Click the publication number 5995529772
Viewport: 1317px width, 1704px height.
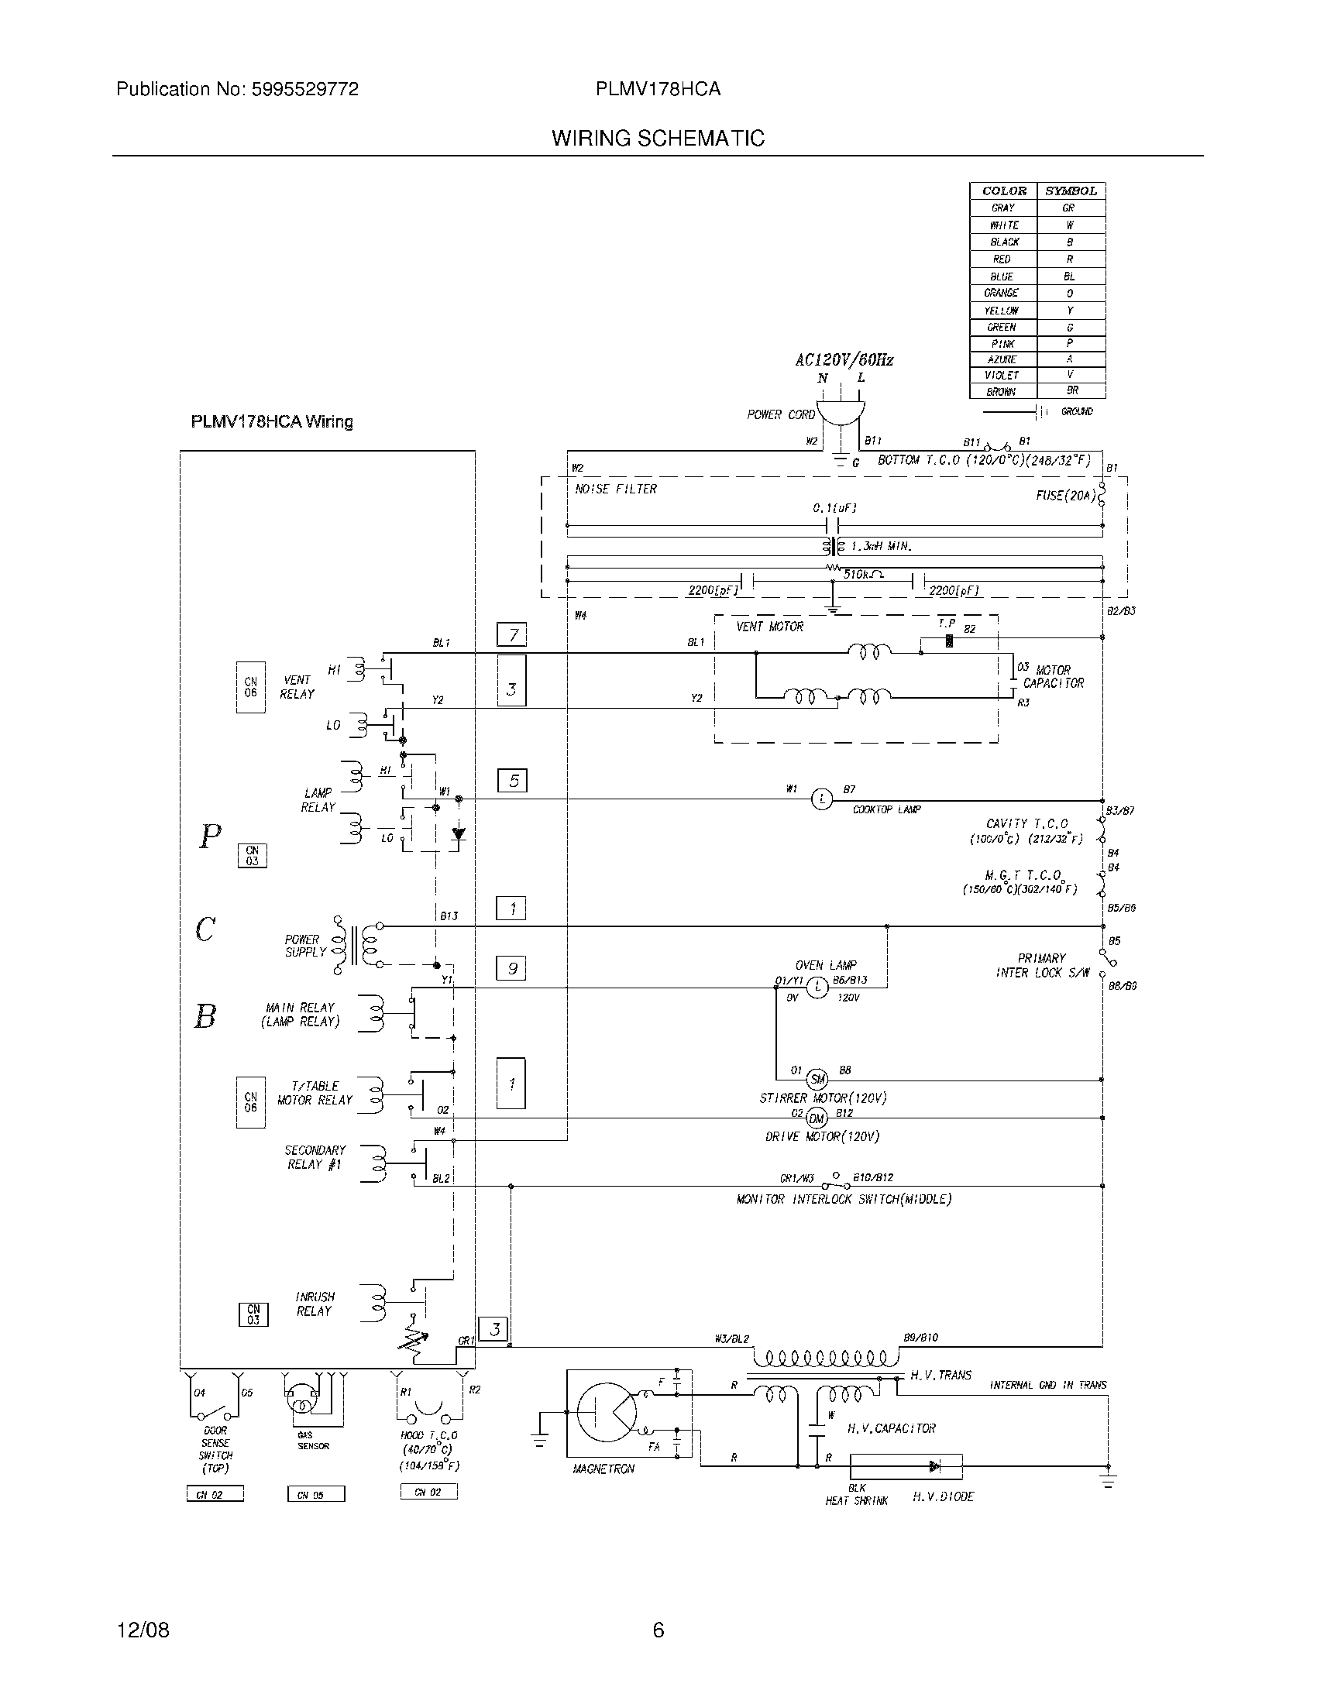click(304, 90)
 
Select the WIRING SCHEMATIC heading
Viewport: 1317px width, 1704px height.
click(658, 138)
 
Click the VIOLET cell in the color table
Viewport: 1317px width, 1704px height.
click(1002, 376)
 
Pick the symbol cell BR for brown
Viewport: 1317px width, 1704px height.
click(1071, 391)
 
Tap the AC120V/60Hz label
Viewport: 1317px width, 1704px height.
click(844, 360)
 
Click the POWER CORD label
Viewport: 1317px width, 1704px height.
click(780, 415)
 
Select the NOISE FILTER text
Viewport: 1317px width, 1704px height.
click(616, 490)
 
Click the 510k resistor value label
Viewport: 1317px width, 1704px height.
click(862, 574)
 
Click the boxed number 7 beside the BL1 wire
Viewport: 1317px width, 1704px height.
click(512, 635)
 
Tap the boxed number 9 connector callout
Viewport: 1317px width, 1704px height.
click(512, 969)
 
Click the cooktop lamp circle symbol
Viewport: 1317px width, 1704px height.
click(821, 799)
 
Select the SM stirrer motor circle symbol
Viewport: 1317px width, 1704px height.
click(817, 1080)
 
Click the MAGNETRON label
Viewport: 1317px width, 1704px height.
click(603, 1469)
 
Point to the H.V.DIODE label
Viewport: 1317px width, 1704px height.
click(943, 1497)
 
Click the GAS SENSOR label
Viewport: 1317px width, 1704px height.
click(313, 1441)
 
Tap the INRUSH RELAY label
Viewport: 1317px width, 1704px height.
click(315, 1304)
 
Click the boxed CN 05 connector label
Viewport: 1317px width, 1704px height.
click(316, 1495)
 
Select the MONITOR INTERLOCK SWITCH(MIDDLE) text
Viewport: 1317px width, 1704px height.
click(844, 1199)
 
